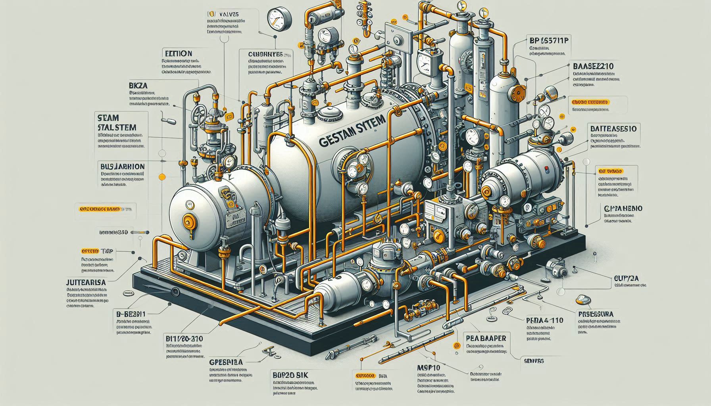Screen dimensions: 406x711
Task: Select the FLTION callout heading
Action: tap(178, 53)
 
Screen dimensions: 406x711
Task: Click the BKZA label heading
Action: tap(138, 85)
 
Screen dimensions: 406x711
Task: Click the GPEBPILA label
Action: tap(226, 362)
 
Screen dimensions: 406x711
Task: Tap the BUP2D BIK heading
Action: tap(291, 375)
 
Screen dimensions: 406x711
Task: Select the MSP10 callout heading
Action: tap(429, 368)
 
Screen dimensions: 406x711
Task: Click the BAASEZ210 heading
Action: tap(594, 66)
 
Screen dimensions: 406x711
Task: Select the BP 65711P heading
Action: tap(548, 40)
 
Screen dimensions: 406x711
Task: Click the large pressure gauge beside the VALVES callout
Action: tap(276, 18)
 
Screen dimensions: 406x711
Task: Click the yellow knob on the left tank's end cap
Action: tap(187, 220)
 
